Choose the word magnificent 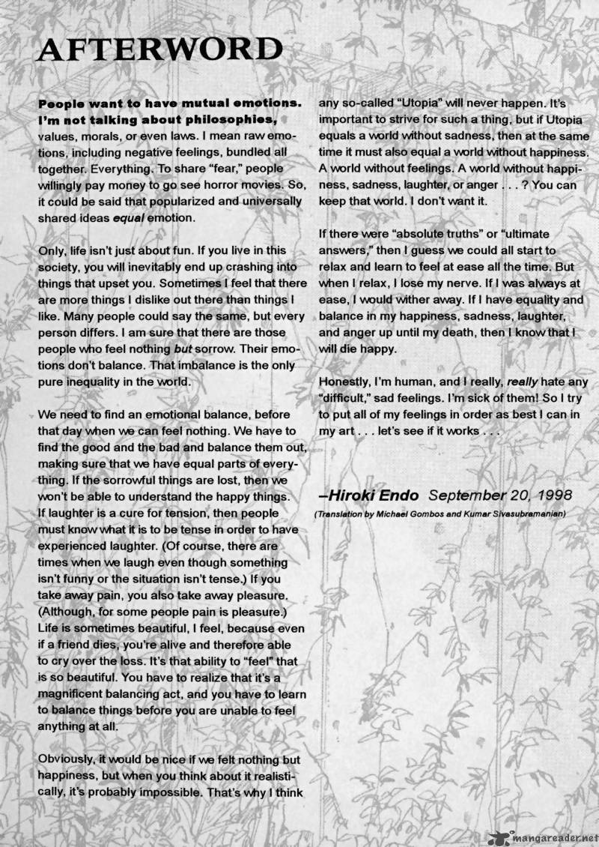coord(83,678)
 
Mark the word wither coord(422,299)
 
